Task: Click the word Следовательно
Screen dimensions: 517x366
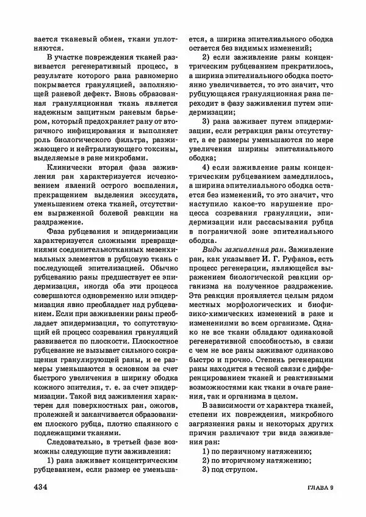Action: [76, 440]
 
